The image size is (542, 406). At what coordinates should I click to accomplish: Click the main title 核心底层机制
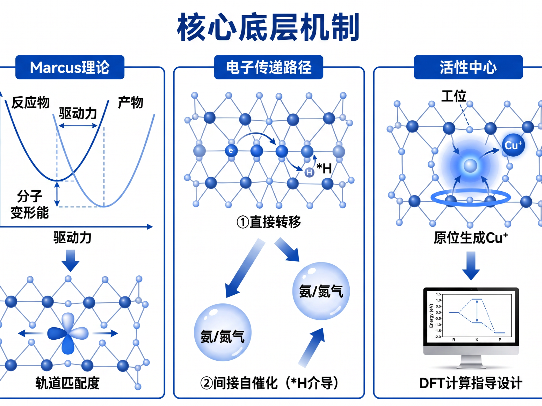pyautogui.click(x=268, y=28)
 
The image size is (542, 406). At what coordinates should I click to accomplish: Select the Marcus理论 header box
pyautogui.click(x=70, y=67)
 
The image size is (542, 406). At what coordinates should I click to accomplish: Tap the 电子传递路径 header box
pyautogui.click(x=269, y=67)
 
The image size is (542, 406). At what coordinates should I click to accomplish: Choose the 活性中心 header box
pyautogui.click(x=468, y=67)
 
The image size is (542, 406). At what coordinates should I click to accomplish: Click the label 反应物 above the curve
pyautogui.click(x=30, y=102)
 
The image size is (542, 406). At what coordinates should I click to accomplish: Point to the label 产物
pyautogui.click(x=131, y=102)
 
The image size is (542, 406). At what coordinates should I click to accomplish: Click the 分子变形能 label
pyautogui.click(x=30, y=204)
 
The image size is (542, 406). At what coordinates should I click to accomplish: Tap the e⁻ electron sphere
pyautogui.click(x=231, y=151)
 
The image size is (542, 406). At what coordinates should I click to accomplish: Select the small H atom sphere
pyautogui.click(x=309, y=173)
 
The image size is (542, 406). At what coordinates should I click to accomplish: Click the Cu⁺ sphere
pyautogui.click(x=513, y=145)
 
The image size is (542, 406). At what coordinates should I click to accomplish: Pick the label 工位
pyautogui.click(x=454, y=96)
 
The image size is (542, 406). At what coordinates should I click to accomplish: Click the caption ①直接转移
pyautogui.click(x=269, y=222)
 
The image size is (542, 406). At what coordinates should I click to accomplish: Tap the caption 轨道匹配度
pyautogui.click(x=68, y=383)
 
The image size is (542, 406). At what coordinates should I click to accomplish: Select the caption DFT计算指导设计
pyautogui.click(x=471, y=383)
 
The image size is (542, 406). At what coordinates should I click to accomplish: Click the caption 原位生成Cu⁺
pyautogui.click(x=471, y=238)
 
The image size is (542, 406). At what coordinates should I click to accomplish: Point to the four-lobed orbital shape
pyautogui.click(x=68, y=333)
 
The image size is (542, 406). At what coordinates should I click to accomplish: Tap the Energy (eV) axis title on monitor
pyautogui.click(x=431, y=316)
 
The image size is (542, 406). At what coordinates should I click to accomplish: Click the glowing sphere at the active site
pyautogui.click(x=470, y=166)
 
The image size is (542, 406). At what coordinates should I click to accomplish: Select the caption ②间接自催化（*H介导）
pyautogui.click(x=269, y=383)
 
